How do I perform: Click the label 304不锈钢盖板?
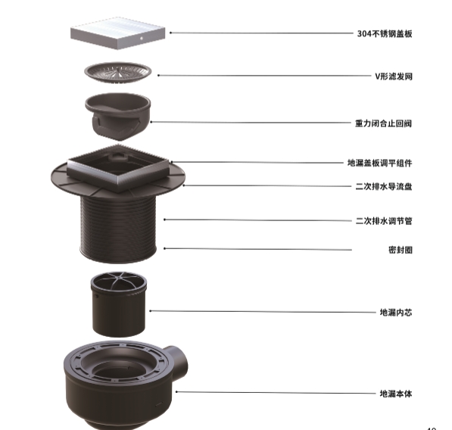pyautogui.click(x=385, y=34)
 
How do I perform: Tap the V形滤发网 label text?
pyautogui.click(x=394, y=76)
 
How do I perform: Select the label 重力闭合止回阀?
pyautogui.click(x=383, y=123)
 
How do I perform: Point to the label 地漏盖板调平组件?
pyautogui.click(x=379, y=163)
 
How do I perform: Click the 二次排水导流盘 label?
pyautogui.click(x=384, y=186)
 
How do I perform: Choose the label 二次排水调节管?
pyautogui.click(x=384, y=221)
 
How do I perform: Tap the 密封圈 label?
pyautogui.click(x=400, y=250)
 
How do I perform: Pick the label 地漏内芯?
pyautogui.click(x=396, y=312)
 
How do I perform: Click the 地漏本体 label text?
pyautogui.click(x=396, y=394)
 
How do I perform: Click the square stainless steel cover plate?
pyautogui.click(x=118, y=33)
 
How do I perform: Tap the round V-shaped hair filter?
pyautogui.click(x=118, y=73)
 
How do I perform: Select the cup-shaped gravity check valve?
pyautogui.click(x=118, y=116)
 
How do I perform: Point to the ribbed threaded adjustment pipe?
pyautogui.click(x=118, y=228)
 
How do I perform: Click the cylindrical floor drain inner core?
pyautogui.click(x=118, y=304)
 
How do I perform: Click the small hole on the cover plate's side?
pyautogui.click(x=142, y=38)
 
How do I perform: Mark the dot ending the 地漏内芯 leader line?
pyautogui.click(x=150, y=311)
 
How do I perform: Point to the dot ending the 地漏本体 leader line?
pyautogui.click(x=176, y=391)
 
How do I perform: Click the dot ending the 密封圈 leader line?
pyautogui.click(x=164, y=248)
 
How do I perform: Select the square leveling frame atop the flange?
pyautogui.click(x=118, y=168)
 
